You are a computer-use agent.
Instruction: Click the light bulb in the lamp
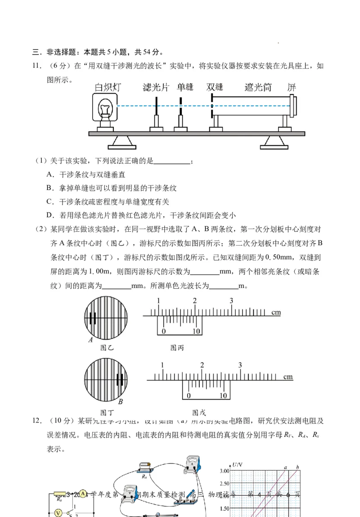pos(106,108)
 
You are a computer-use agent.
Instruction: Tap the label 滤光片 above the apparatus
pos(155,87)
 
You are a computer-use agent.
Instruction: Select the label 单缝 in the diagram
pos(185,87)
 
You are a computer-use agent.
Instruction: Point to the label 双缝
pos(215,87)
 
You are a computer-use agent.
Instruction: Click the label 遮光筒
pos(258,87)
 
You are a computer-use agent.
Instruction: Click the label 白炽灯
pos(108,87)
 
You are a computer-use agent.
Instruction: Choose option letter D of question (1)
pos(49,215)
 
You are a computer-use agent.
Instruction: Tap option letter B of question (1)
pos(49,188)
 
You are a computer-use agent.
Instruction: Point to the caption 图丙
pos(177,347)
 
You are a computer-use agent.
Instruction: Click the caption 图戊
pos(199,412)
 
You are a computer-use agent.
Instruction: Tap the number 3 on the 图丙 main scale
pos(231,301)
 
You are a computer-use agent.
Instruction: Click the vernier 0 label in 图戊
pos(189,396)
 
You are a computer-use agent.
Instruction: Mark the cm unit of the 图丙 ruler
pos(276,312)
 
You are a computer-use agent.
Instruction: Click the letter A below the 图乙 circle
pos(90,340)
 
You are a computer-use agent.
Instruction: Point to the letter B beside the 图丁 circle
pos(121,402)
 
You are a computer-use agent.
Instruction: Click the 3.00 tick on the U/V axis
pos(224,471)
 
